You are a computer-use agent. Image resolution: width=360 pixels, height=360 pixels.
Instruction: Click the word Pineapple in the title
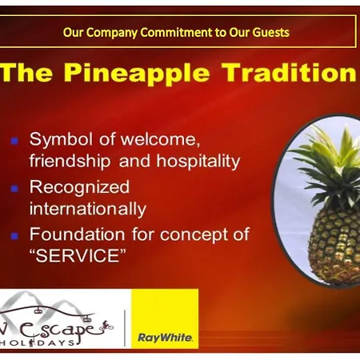(137, 73)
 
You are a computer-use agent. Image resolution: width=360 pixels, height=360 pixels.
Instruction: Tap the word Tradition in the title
(290, 72)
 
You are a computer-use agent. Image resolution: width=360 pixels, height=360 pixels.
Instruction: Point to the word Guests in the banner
(270, 33)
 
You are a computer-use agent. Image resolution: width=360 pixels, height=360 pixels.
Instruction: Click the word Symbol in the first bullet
(61, 139)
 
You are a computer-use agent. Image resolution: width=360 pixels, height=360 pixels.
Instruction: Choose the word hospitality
(198, 162)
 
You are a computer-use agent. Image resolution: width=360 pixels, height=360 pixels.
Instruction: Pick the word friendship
(70, 162)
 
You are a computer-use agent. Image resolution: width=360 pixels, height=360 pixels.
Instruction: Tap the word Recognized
(79, 187)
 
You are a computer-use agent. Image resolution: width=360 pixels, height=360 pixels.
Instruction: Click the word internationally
(88, 209)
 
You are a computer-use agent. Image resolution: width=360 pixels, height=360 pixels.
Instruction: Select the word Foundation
(77, 234)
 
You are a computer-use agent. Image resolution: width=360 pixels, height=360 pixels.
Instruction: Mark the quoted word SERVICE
(78, 255)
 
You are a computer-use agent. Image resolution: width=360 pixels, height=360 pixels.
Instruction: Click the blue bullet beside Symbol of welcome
(14, 141)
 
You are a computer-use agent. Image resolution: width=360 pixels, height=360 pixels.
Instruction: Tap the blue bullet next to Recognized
(14, 189)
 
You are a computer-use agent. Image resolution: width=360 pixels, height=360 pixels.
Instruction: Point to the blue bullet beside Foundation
(14, 236)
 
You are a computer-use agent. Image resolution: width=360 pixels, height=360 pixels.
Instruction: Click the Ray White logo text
(165, 338)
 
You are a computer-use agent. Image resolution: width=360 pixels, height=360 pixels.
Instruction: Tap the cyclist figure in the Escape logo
(106, 326)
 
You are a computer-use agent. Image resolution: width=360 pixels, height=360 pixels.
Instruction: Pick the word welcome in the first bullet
(160, 139)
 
